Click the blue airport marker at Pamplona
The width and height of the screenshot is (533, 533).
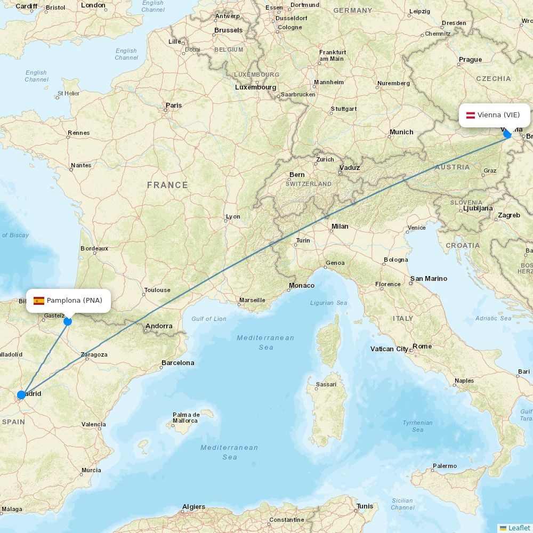point(68,321)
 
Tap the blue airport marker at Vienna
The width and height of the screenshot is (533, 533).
point(507,134)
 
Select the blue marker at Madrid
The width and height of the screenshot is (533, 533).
point(21,395)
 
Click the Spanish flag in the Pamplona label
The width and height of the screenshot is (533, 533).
point(39,301)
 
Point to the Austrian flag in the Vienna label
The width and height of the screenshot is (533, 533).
point(471,115)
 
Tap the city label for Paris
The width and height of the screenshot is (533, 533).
point(173,105)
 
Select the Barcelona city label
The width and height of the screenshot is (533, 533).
point(177,363)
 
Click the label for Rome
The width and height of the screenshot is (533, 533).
point(422,346)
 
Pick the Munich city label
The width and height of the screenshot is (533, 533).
point(401,132)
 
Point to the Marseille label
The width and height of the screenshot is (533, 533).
point(252,300)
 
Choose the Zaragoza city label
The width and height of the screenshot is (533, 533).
point(94,354)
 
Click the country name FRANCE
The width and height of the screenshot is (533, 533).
point(167,185)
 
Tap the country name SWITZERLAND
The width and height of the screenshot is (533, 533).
point(309,183)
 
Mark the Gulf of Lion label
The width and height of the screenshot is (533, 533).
point(209,319)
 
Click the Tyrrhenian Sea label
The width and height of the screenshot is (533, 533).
point(418,426)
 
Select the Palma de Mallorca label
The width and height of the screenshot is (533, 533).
point(186,418)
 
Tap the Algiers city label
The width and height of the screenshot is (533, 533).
point(193,507)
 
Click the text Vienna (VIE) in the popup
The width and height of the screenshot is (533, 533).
point(498,115)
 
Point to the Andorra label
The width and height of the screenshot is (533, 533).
point(159,326)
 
